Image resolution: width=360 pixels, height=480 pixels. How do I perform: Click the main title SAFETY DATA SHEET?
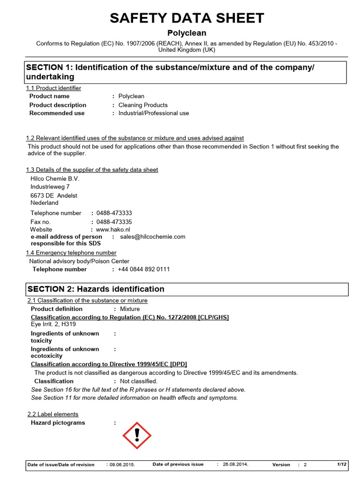187,18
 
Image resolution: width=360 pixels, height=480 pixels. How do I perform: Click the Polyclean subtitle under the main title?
187,33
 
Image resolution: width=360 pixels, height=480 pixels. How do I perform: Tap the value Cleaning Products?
143,105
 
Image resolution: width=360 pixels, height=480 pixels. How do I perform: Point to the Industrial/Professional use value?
154,113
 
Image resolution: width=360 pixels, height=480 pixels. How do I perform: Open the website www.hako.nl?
113,229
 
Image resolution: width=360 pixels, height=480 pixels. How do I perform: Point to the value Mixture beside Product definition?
130,309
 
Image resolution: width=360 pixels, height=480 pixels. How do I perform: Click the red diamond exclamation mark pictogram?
137,435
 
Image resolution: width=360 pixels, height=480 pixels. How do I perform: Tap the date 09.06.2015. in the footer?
122,465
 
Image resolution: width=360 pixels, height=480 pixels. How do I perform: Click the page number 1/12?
342,464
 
